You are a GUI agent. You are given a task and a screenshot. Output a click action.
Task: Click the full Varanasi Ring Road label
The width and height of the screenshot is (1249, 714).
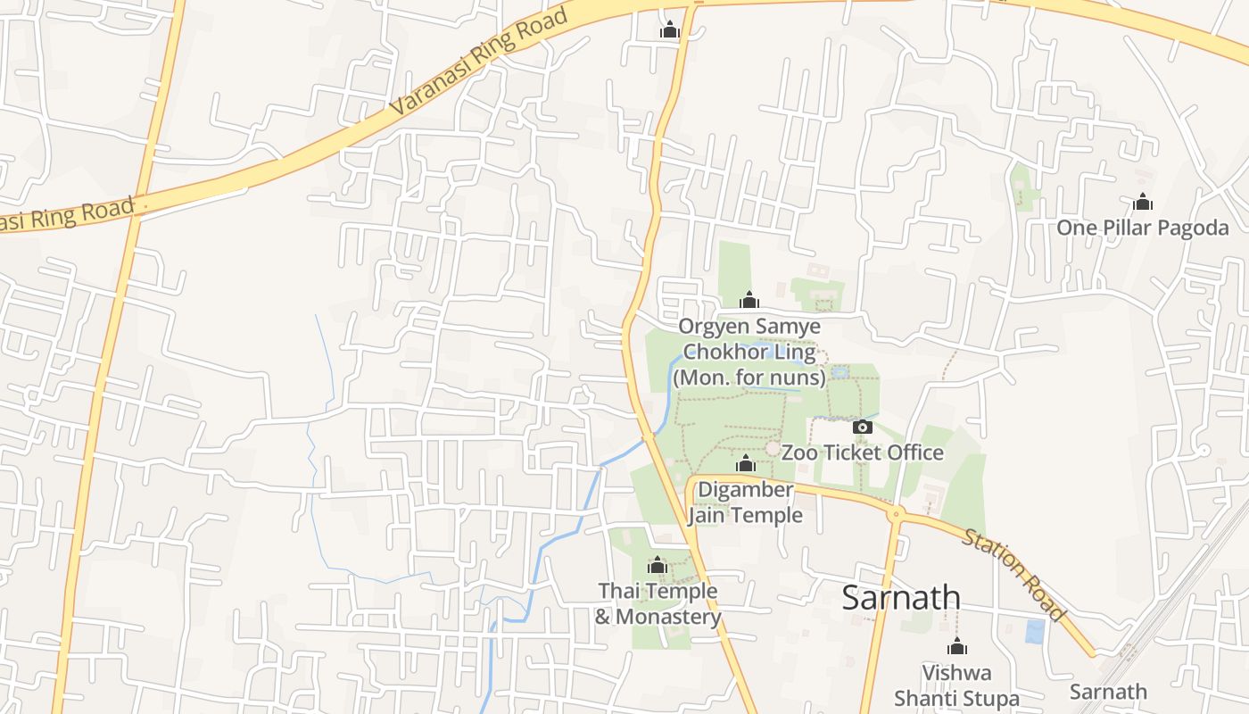480,62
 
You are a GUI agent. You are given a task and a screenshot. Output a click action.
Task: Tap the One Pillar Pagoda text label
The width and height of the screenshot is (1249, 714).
1142,228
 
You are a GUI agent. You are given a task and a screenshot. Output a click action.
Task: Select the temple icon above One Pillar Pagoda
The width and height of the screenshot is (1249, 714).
1143,203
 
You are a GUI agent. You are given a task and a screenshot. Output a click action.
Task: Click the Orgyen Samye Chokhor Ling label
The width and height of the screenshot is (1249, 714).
749,352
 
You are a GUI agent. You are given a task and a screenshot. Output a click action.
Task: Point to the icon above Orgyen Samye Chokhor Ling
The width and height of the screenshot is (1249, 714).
749,300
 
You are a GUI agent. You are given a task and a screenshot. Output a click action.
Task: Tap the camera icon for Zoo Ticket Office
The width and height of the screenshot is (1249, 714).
862,427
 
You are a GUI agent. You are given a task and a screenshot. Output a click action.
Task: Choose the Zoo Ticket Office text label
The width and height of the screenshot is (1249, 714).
862,452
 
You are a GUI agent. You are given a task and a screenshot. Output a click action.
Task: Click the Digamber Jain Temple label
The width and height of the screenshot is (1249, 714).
745,502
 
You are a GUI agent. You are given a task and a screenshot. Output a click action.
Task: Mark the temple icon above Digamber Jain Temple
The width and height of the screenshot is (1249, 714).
746,463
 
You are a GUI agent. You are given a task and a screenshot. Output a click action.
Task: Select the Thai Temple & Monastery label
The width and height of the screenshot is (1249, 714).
658,604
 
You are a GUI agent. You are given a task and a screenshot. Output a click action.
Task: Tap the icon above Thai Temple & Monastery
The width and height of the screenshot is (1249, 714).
658,565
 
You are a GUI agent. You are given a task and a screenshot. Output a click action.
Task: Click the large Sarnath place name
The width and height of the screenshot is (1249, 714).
901,598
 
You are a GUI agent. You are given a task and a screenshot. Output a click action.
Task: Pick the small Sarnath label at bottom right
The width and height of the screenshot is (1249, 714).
1108,692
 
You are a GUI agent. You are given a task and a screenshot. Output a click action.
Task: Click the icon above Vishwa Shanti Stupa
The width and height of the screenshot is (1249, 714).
957,646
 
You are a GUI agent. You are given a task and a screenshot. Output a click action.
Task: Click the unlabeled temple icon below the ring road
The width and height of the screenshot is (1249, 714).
670,30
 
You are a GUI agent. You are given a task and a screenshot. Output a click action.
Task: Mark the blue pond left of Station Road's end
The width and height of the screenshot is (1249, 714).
1035,631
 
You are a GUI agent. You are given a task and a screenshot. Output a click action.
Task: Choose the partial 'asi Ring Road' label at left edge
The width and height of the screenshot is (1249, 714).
67,215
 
